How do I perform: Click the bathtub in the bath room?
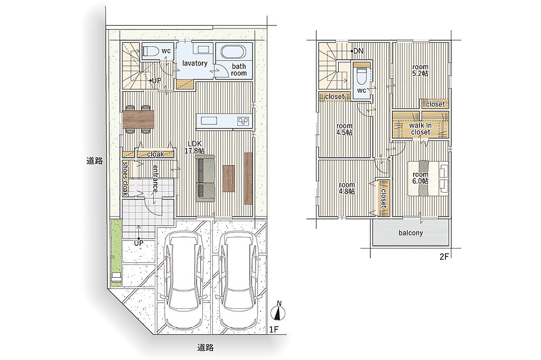233,52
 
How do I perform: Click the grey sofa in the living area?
206,178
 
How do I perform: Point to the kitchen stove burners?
243,121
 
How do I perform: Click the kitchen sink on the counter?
207,121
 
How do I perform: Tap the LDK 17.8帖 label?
195,147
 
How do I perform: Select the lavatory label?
194,63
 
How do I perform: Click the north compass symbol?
279,311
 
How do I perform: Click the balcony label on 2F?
411,233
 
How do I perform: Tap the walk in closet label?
420,129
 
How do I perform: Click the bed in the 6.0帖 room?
428,178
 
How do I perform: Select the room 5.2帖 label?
420,70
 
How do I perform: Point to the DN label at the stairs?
358,51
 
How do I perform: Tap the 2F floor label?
444,257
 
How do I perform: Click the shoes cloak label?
126,178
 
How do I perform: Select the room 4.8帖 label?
347,188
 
